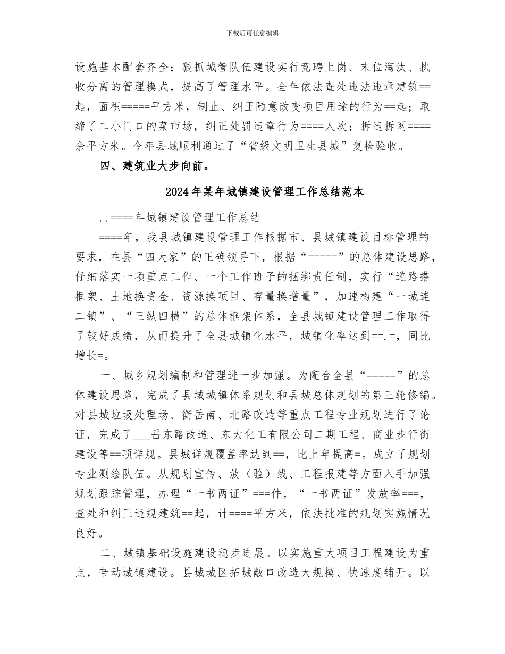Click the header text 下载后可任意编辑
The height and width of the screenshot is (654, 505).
point(252,33)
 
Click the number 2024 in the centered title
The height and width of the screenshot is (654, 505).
point(178,192)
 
